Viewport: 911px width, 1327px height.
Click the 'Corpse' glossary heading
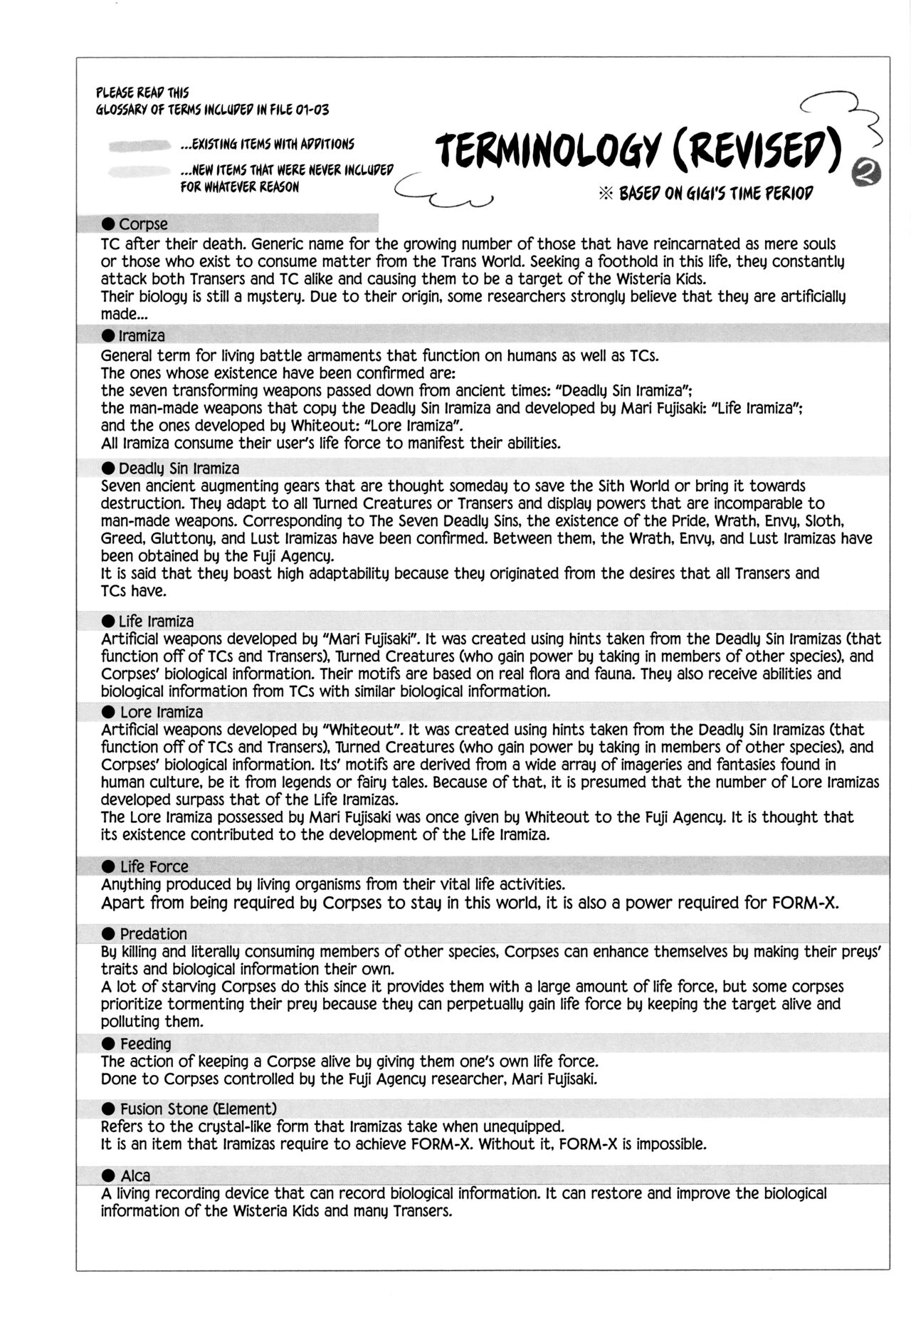pos(143,224)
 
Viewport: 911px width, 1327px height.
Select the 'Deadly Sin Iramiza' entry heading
pos(179,468)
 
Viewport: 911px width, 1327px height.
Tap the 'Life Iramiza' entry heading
pos(156,621)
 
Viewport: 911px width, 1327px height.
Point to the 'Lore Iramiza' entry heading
pos(161,712)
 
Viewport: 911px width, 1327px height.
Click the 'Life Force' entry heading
pos(154,866)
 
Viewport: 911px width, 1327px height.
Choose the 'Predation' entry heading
pos(153,934)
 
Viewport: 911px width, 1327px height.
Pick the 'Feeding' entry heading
pos(145,1044)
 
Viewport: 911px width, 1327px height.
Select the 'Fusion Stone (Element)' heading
pos(198,1108)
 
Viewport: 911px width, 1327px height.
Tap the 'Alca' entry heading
pos(135,1176)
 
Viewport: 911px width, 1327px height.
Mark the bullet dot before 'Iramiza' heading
pos(108,335)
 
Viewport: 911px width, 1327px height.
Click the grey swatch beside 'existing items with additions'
pos(141,145)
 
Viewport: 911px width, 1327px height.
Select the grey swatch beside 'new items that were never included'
pos(141,170)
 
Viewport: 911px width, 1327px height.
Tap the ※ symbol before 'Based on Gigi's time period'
pos(606,194)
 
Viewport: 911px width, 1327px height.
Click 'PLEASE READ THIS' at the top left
pos(142,93)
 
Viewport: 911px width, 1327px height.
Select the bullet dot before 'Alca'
pos(108,1176)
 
